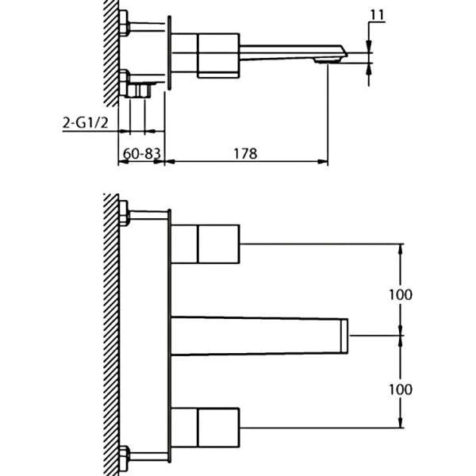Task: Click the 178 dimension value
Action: (246, 154)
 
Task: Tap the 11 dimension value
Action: (377, 13)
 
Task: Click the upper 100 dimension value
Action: (401, 294)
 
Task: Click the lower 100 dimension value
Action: (401, 390)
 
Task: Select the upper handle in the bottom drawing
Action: (206, 244)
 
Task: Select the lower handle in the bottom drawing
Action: (206, 428)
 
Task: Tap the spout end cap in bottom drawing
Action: (346, 336)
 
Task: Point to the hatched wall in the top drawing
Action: (111, 48)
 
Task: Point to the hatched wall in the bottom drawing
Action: (111, 333)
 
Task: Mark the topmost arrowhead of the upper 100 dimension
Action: (401, 248)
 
